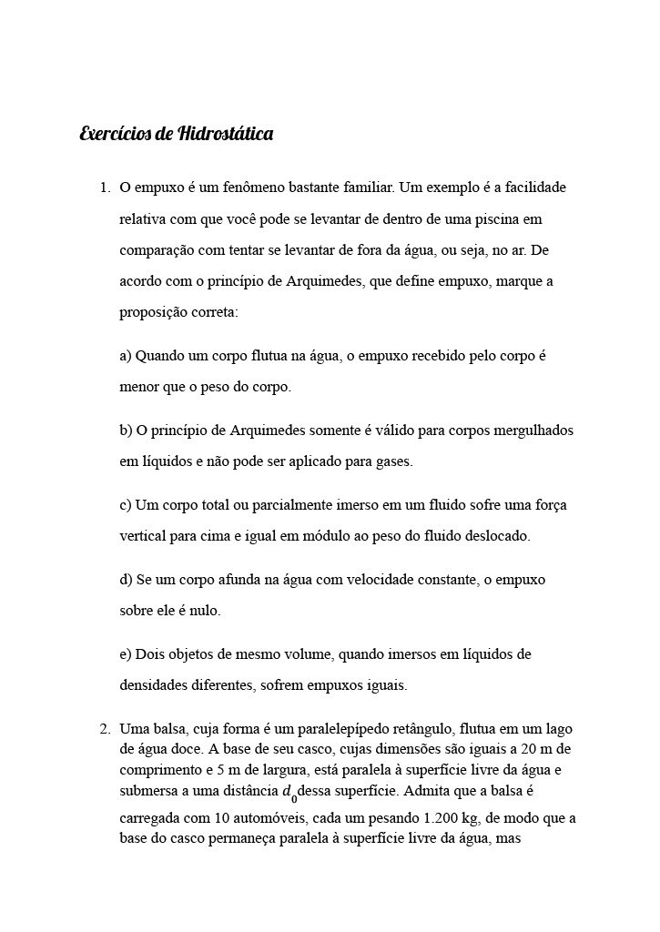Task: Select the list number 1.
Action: pyautogui.click(x=103, y=188)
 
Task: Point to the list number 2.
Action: pyautogui.click(x=103, y=729)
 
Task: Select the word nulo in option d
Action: pyautogui.click(x=204, y=611)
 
